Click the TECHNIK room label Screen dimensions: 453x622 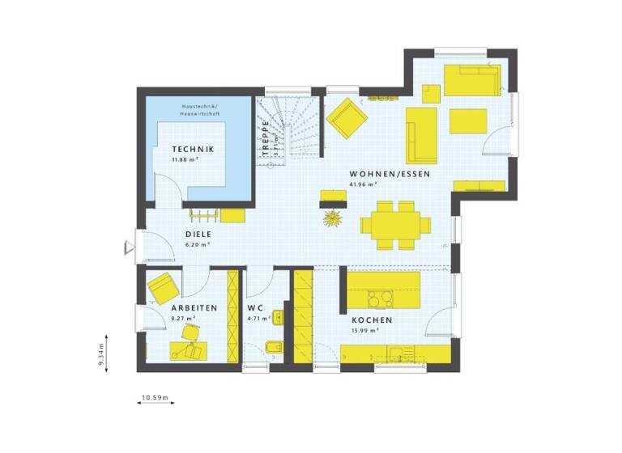pyautogui.click(x=192, y=149)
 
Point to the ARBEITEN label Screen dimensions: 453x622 pyautogui.click(x=194, y=308)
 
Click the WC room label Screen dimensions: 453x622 pyautogui.click(x=255, y=308)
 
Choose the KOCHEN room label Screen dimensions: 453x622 pyautogui.click(x=373, y=320)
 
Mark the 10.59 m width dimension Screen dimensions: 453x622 pyautogui.click(x=154, y=397)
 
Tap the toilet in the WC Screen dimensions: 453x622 pyautogui.click(x=274, y=348)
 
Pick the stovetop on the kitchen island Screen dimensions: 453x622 pyautogui.click(x=380, y=299)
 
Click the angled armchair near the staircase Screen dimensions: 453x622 pyautogui.click(x=347, y=117)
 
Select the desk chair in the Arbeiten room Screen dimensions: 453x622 pyautogui.click(x=190, y=332)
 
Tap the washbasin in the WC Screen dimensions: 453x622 pyautogui.click(x=277, y=316)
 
